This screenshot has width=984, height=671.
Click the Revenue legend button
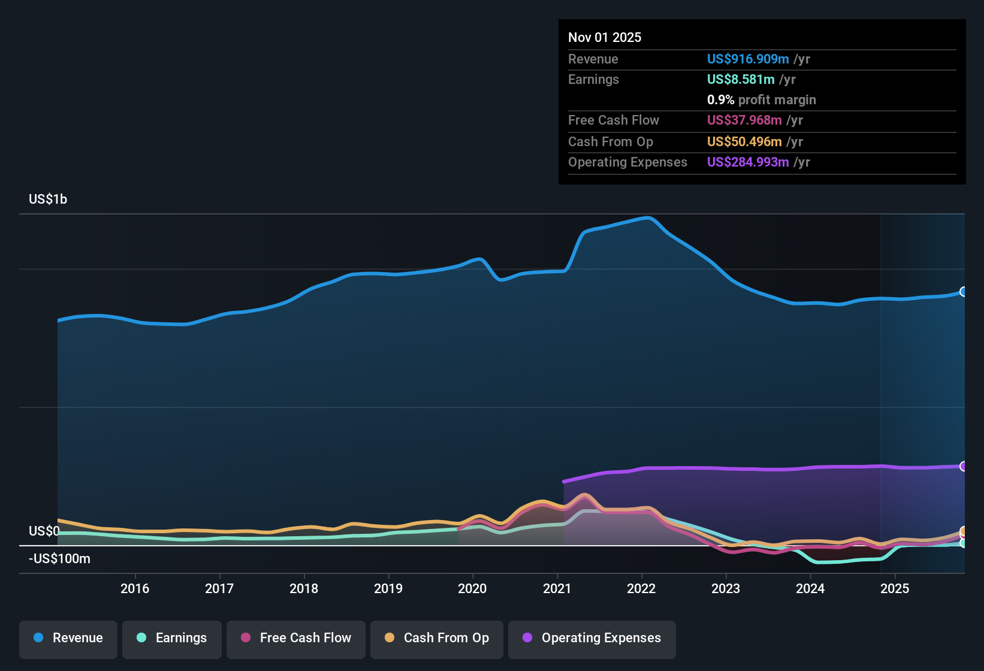[68, 638]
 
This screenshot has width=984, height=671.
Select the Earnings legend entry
[172, 638]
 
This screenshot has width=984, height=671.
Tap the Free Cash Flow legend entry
[296, 638]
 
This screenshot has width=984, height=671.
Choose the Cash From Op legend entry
[437, 638]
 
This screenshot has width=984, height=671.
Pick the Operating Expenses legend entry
[592, 638]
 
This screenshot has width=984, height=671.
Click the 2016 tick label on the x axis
[135, 588]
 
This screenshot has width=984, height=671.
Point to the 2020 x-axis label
[472, 588]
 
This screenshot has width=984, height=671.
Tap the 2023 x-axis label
[726, 588]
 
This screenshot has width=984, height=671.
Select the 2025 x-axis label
[895, 588]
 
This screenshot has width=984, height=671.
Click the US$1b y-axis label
[48, 199]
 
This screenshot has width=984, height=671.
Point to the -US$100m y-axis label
[59, 558]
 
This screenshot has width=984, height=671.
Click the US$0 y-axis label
[44, 531]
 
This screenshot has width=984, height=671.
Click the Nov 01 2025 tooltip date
[605, 37]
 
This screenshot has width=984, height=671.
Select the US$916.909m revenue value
[747, 59]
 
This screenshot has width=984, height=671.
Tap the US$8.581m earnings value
[740, 79]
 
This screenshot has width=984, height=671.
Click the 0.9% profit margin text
[761, 99]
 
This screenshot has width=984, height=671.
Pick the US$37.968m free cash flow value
[744, 120]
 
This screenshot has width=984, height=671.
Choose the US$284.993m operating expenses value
[747, 162]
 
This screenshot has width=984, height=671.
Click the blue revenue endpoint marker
[963, 292]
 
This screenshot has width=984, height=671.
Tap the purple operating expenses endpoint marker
[963, 466]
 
